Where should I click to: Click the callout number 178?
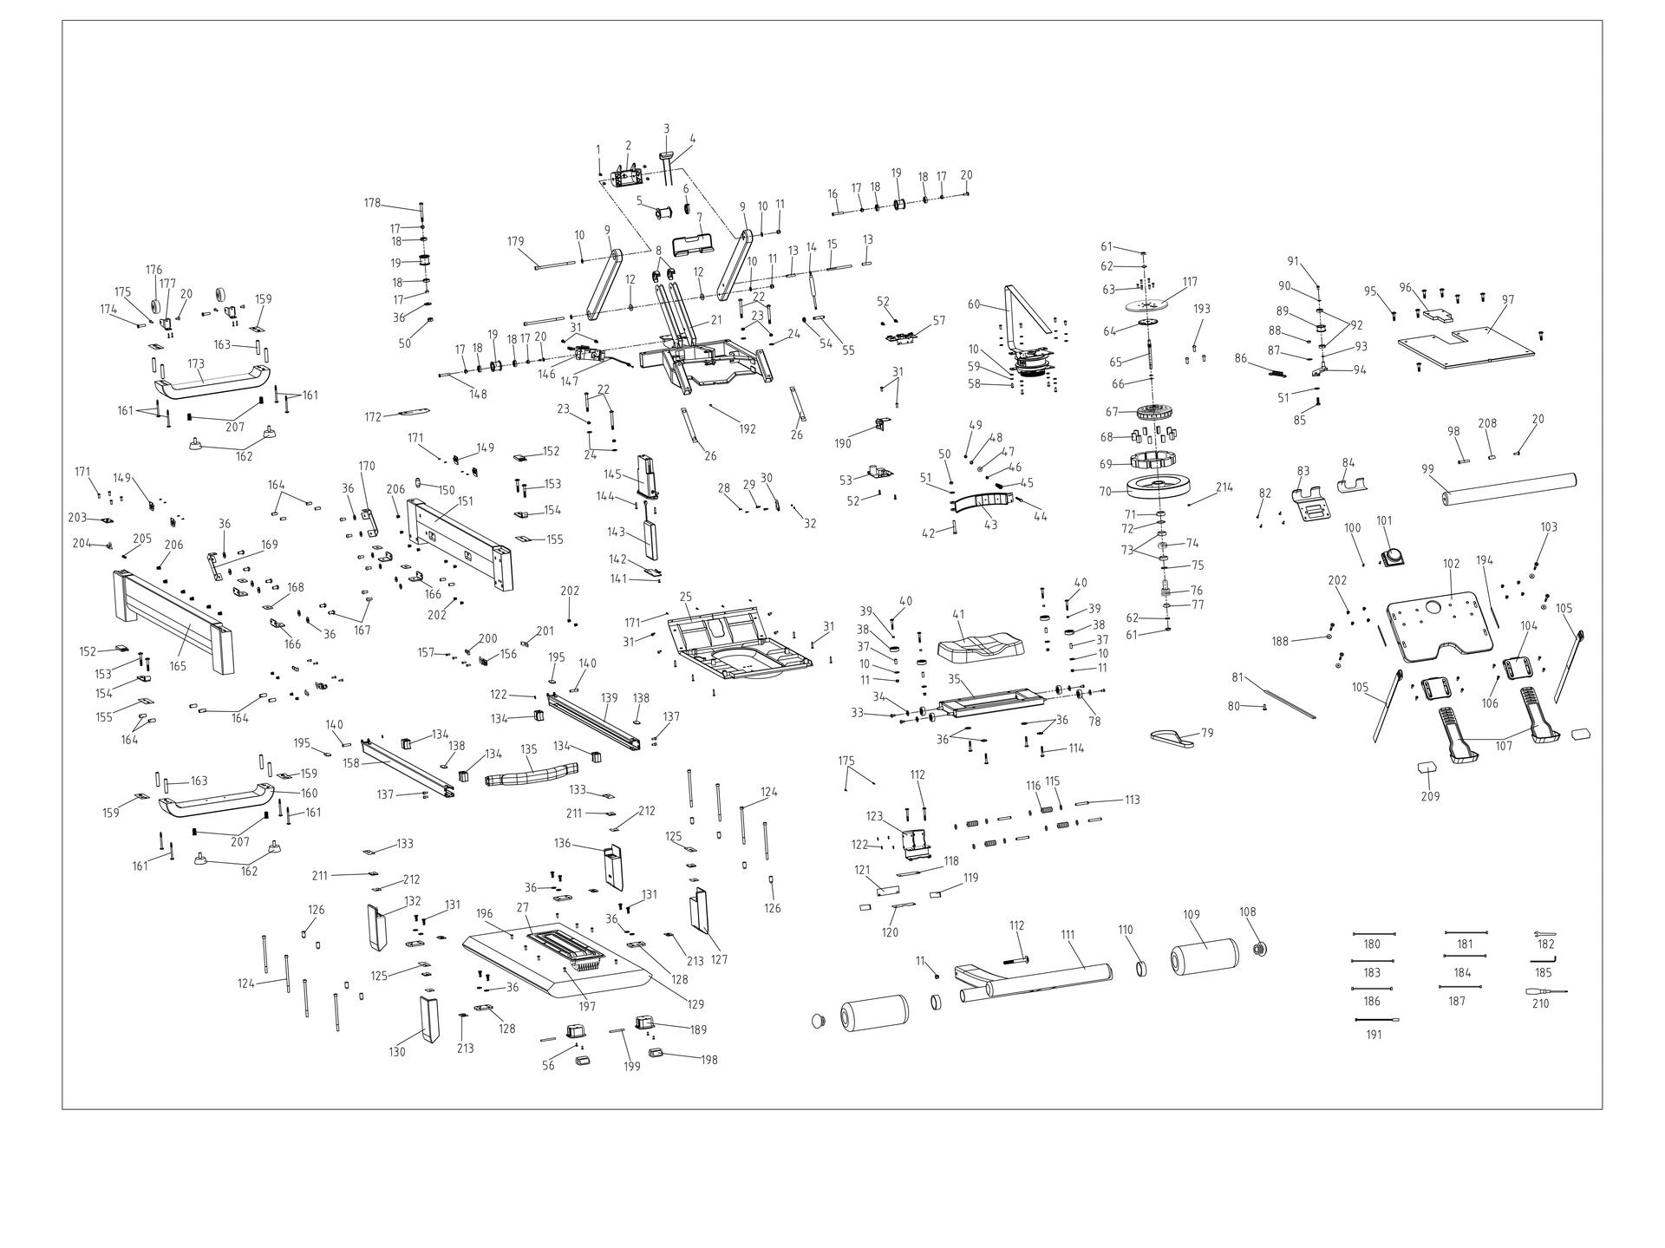coord(372,203)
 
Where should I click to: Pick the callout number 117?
coord(1190,281)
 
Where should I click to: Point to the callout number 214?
coord(1224,487)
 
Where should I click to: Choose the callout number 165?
coord(178,666)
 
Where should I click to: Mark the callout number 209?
coord(1430,796)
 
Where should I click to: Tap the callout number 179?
coord(516,241)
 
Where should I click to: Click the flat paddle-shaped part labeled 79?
coord(1172,738)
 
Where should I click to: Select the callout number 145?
coord(613,474)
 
